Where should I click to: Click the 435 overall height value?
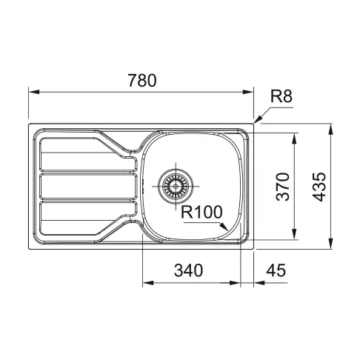point(319,186)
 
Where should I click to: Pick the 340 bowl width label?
point(190,271)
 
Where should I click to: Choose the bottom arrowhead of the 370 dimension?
point(296,236)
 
